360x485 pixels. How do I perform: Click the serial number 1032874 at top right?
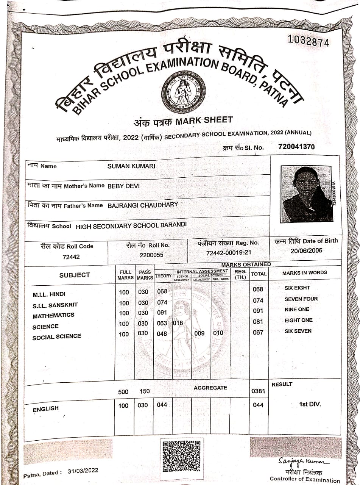tap(309, 41)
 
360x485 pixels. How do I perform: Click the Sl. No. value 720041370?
tap(296, 147)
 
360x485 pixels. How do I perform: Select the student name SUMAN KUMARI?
tap(131, 166)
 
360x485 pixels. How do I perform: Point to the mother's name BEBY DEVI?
tap(124, 186)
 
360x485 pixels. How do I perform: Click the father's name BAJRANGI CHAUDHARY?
tap(143, 205)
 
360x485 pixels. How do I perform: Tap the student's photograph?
tap(307, 194)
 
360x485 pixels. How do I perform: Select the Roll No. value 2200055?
tap(151, 255)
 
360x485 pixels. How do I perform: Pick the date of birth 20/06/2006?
tap(307, 250)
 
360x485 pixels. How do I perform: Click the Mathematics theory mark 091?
tap(162, 313)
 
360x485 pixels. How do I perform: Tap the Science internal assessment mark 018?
tap(178, 323)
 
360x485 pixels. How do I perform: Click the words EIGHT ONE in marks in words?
tap(298, 320)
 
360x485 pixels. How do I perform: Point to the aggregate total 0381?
tap(258, 391)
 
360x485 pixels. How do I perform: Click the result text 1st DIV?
tap(310, 404)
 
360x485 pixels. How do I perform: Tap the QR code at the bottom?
tap(180, 455)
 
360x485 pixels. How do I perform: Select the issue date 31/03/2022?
tap(83, 471)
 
